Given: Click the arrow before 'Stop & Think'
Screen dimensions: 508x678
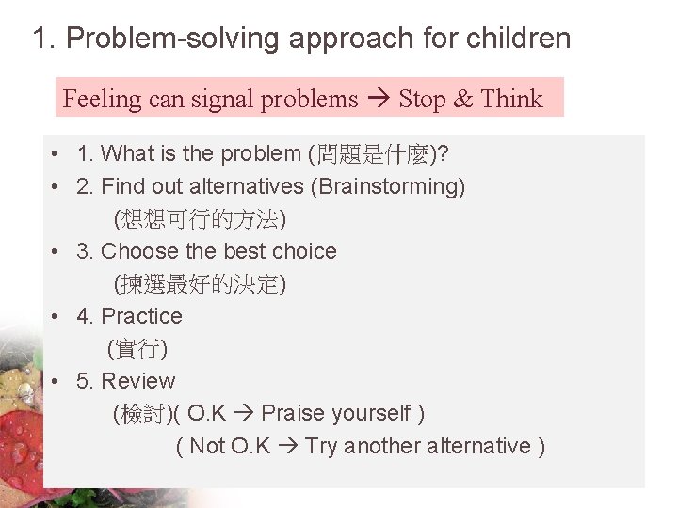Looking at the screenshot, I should [x=379, y=99].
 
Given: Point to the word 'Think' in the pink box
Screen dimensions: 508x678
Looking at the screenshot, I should [x=511, y=99].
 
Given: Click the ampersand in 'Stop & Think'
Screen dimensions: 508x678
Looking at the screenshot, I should [x=461, y=99].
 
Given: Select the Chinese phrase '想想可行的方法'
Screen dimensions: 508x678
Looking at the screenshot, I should [x=199, y=219].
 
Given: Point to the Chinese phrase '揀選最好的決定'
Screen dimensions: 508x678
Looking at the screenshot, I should [x=199, y=283].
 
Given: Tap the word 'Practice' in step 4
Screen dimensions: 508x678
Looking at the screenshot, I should [x=141, y=316].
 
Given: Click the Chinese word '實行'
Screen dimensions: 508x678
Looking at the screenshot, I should [x=137, y=349].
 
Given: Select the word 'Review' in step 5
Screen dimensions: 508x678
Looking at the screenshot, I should [x=137, y=381].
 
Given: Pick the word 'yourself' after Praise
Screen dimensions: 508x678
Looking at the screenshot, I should [x=372, y=413].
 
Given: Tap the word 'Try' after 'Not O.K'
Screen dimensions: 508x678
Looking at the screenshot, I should [x=321, y=446].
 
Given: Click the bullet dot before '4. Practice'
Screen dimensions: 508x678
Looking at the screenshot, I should [x=57, y=316].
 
